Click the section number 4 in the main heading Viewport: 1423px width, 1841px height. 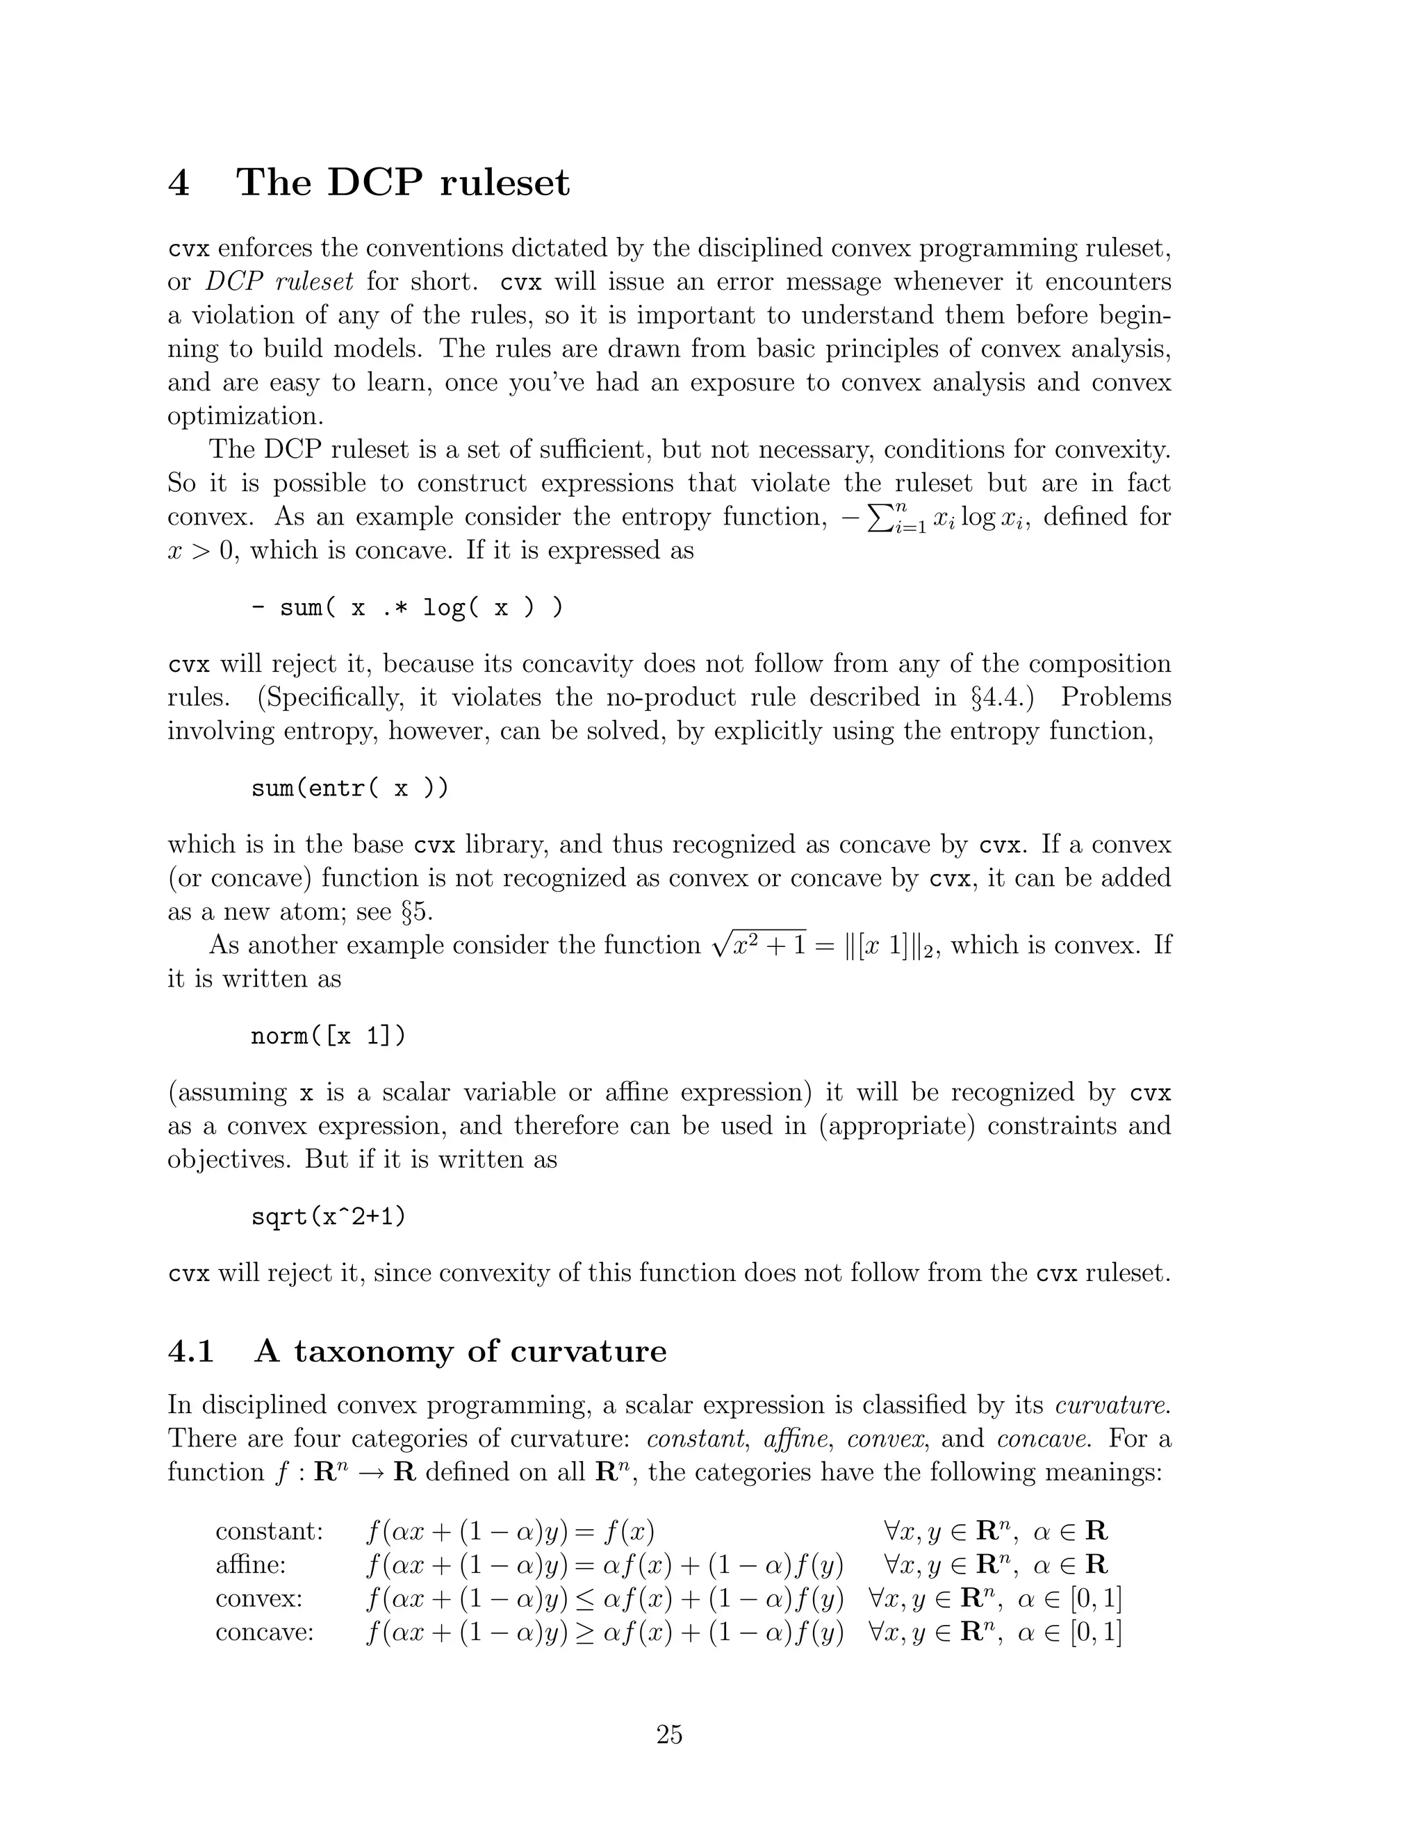tap(179, 183)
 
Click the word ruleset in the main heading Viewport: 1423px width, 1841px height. tap(504, 183)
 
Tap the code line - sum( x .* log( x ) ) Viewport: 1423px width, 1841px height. tap(407, 607)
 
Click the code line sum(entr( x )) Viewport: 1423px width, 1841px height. tap(350, 789)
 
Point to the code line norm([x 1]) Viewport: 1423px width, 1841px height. tap(329, 1035)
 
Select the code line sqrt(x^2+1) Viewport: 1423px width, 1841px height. tap(329, 1217)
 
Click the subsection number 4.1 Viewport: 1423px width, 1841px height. tap(191, 1351)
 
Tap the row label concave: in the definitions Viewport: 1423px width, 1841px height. tap(264, 1632)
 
